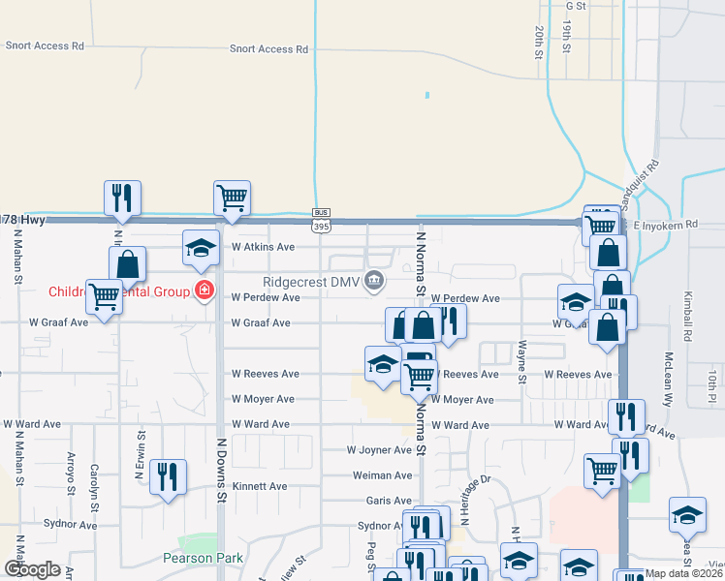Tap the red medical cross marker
[205, 290]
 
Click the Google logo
[32, 569]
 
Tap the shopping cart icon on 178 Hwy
[233, 198]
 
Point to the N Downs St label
[221, 474]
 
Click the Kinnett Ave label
[260, 486]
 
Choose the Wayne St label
[522, 360]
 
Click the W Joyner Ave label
[380, 449]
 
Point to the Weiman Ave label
[383, 475]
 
